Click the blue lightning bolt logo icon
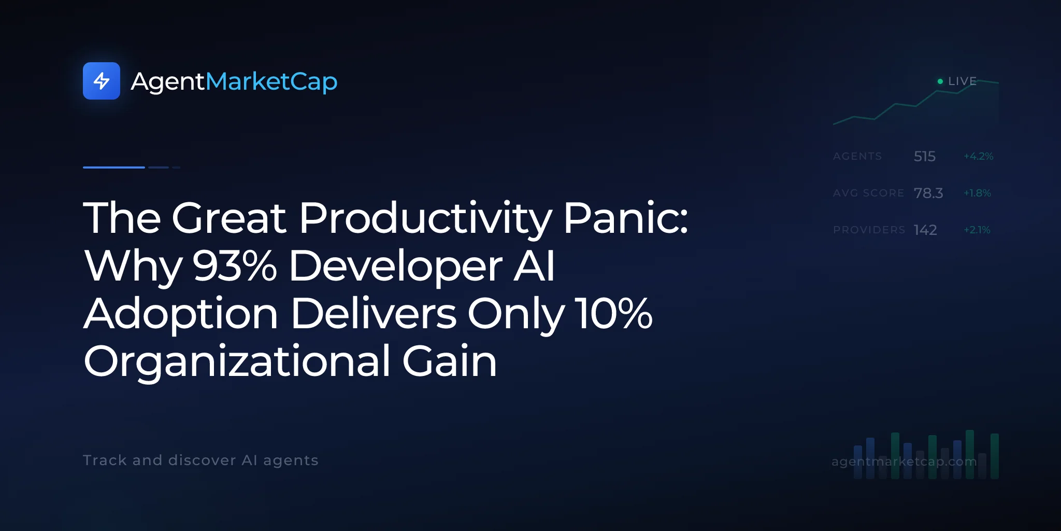(102, 81)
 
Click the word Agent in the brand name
(168, 82)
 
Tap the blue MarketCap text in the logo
(271, 81)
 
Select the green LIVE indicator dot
(940, 81)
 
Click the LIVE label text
(962, 81)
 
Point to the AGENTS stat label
(857, 156)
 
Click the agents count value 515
(925, 156)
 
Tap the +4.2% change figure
(978, 156)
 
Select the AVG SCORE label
(868, 193)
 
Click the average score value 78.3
(928, 193)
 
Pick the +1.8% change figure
(977, 193)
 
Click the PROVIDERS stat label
(869, 230)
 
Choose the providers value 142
(925, 230)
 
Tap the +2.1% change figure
(977, 230)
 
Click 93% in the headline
(235, 265)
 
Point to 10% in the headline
(613, 313)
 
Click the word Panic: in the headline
(626, 218)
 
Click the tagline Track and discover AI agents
(200, 460)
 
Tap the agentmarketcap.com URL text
(904, 462)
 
